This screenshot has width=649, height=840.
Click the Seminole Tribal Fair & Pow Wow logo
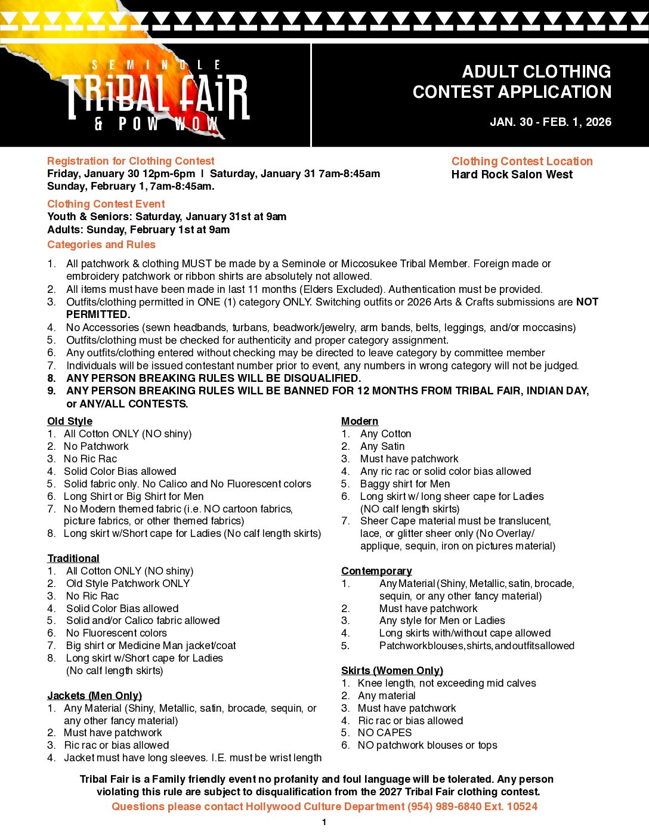pos(157,95)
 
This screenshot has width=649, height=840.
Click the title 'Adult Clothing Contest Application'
pos(512,82)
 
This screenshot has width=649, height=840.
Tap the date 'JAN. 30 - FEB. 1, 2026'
pos(550,122)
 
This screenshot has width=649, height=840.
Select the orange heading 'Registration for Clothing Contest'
pos(131,161)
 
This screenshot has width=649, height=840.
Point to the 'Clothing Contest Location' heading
pos(522,161)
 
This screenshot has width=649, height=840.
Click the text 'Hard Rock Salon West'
pos(512,174)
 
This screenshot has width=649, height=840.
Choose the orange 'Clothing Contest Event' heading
pos(106,204)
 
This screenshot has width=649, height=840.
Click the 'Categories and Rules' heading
pos(101,245)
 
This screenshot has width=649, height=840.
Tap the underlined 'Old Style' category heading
pos(70,421)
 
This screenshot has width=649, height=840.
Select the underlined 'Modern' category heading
pos(360,421)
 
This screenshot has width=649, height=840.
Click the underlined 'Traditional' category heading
pos(73,558)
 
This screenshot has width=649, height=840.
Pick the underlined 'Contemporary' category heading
pos(376,571)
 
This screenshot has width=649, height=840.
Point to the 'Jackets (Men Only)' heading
pos(94,696)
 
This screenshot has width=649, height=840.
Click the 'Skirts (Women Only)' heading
pos(392,671)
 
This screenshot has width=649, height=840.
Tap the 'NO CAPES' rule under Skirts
pos(385,733)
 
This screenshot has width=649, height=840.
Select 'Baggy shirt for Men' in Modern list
pos(405,484)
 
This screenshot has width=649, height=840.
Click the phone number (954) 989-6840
pos(442,807)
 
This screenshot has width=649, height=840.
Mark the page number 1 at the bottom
pos(324,823)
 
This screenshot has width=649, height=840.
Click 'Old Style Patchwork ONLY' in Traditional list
pos(128,583)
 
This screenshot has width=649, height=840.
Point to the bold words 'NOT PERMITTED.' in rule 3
pos(98,314)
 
